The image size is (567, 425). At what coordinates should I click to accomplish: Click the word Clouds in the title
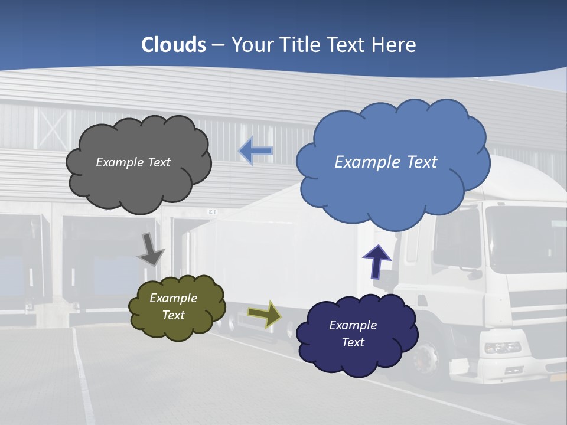click(174, 45)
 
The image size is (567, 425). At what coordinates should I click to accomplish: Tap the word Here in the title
click(395, 45)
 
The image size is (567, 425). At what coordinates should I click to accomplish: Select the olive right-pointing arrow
click(265, 314)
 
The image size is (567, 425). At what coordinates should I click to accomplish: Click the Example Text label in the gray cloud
click(133, 162)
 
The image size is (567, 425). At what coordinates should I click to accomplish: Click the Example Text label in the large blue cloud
click(386, 162)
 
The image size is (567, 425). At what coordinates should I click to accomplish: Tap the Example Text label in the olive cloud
click(174, 306)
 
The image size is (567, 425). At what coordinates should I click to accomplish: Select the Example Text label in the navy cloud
click(353, 334)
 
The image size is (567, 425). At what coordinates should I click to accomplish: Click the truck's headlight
click(502, 347)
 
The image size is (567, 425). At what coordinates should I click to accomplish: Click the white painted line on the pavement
click(83, 378)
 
